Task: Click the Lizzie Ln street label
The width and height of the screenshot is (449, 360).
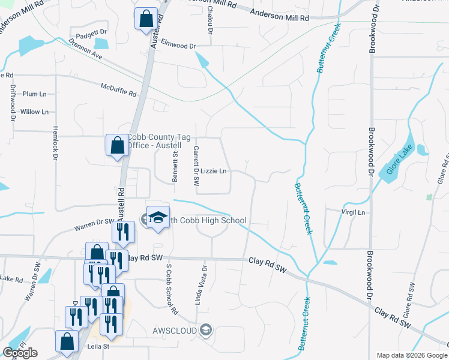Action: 213,171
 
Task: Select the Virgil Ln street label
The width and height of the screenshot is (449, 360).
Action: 353,212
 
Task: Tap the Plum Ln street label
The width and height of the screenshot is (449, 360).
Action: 34,94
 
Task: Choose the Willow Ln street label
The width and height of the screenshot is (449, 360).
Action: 34,112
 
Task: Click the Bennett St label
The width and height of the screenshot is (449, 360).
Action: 175,166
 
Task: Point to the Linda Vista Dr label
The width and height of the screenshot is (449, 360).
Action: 204,284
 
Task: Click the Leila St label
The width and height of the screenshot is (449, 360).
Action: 95,346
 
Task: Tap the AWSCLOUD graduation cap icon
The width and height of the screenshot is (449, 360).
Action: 206,329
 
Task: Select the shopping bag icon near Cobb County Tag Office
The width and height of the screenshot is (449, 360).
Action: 116,145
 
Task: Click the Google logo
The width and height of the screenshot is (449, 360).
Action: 20,353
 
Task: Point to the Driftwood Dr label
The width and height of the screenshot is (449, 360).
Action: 13,102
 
